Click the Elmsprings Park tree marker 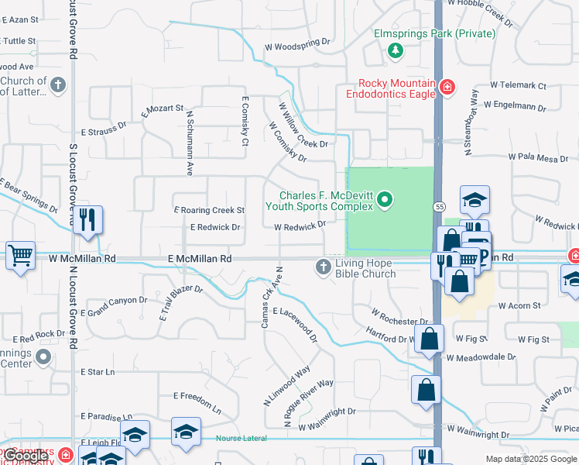396,50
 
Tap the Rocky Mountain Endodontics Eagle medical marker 447,86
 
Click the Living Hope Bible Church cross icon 324,267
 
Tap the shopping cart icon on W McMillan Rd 20,254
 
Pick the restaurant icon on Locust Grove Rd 87,219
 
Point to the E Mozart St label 163,112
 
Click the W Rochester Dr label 399,317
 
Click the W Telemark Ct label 518,86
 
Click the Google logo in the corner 25,456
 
